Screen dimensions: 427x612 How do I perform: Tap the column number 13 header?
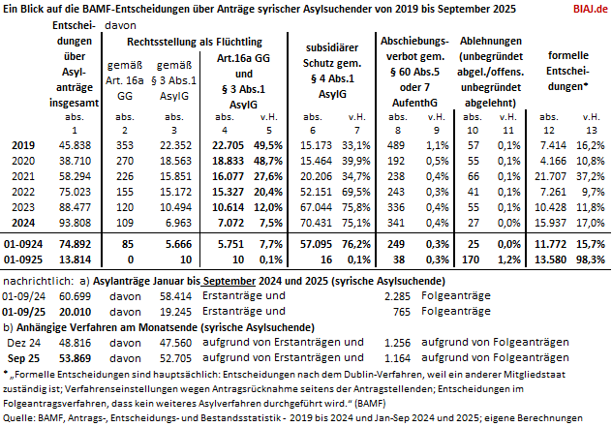click(x=593, y=129)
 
